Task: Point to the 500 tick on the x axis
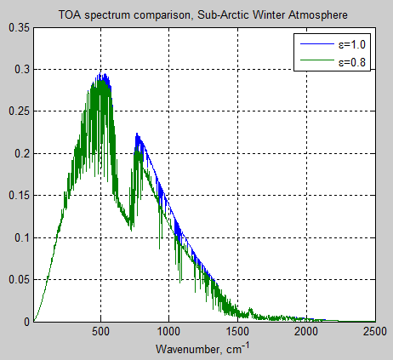point(101,334)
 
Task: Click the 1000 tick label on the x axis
point(169,334)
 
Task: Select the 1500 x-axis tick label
point(237,334)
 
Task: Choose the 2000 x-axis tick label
point(305,334)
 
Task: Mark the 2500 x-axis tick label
point(372,334)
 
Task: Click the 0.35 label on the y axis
point(17,28)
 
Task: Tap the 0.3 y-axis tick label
point(20,70)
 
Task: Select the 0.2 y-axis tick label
point(20,154)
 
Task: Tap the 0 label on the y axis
point(26,322)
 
